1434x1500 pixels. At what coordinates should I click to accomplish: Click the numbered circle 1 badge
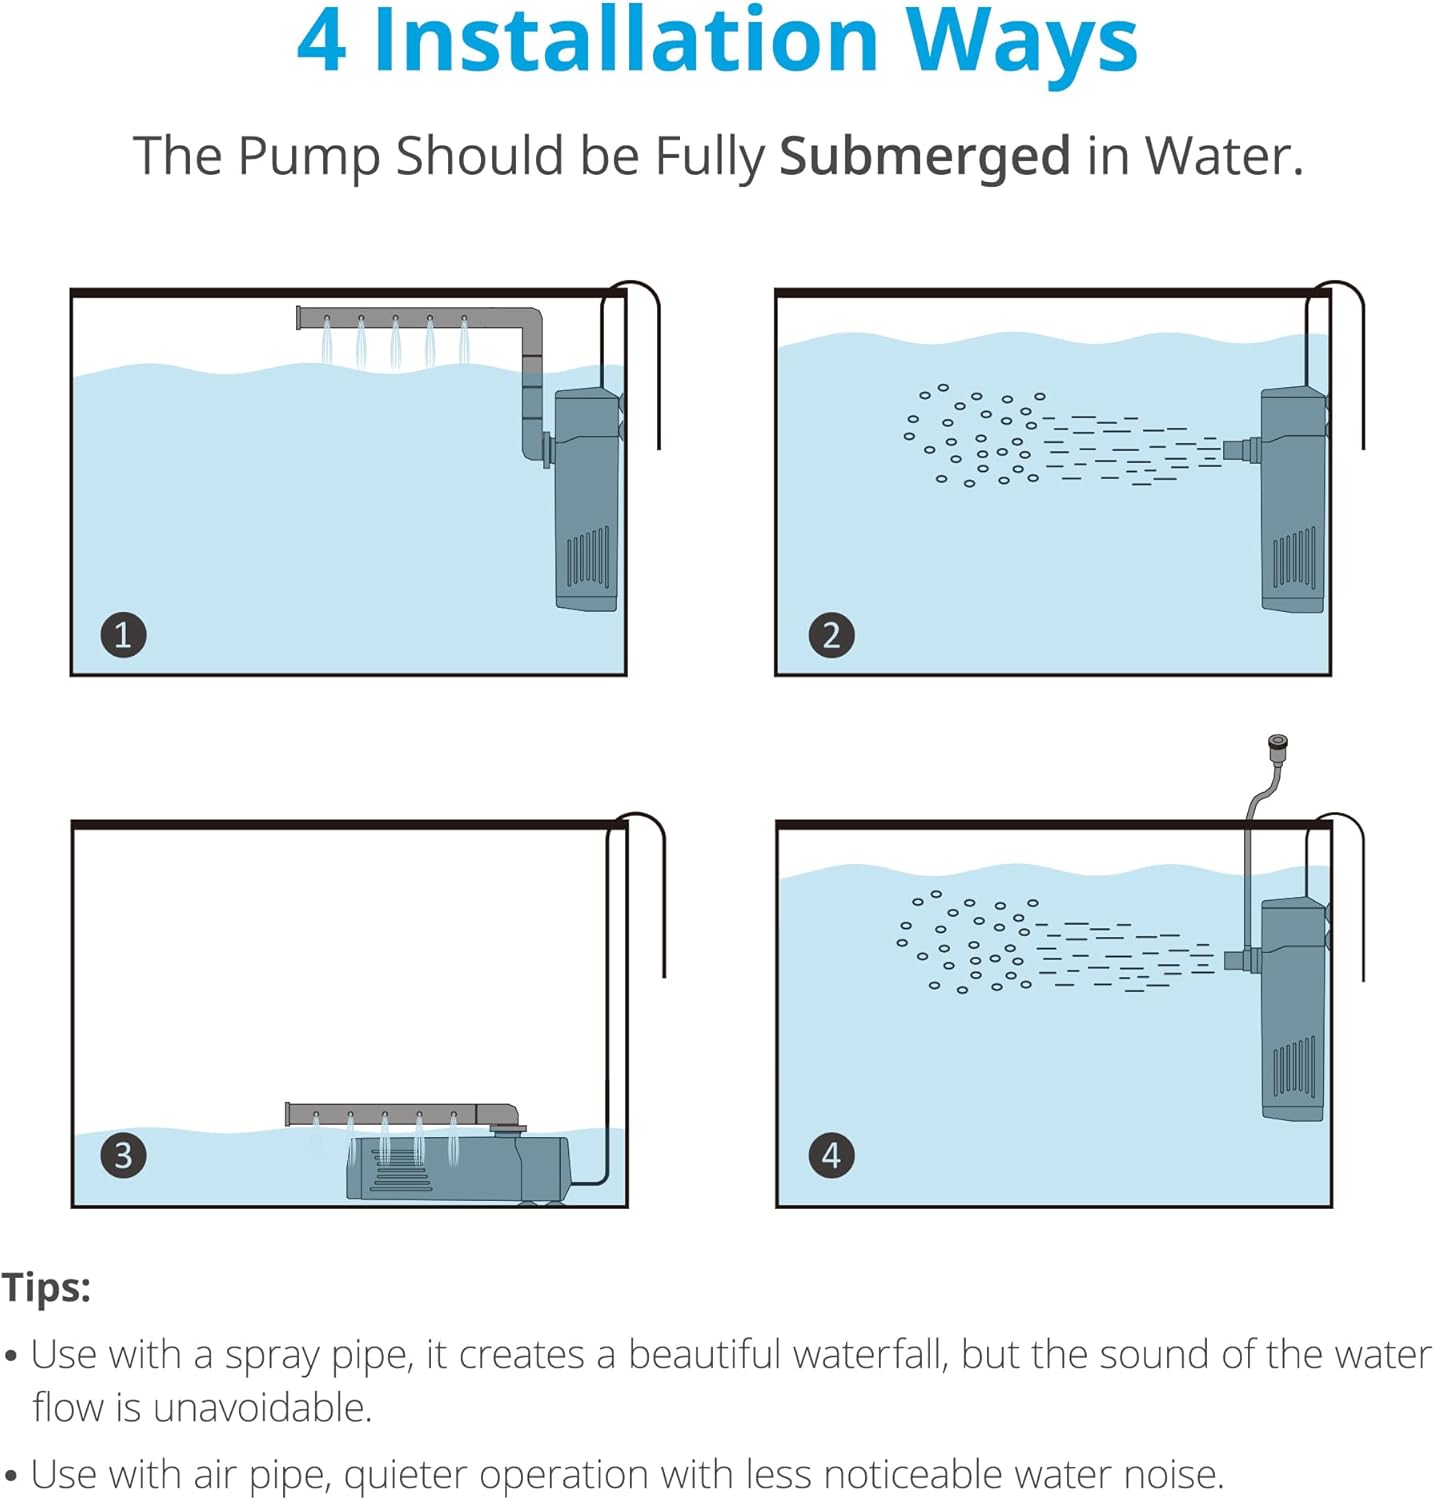(x=123, y=635)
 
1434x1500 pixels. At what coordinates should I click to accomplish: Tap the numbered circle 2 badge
(x=831, y=635)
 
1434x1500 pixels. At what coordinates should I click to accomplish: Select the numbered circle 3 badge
(x=123, y=1155)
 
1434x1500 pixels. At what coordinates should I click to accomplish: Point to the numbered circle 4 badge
(x=831, y=1155)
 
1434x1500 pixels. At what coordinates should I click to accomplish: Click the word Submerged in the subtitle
(x=925, y=157)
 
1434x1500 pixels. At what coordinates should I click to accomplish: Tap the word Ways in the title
(x=1021, y=42)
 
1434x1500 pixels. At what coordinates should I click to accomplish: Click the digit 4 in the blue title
(x=322, y=42)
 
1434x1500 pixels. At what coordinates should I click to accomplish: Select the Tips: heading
(x=46, y=1287)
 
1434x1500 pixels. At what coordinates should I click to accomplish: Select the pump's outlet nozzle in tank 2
(x=1240, y=450)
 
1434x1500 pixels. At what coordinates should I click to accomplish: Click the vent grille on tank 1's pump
(x=588, y=557)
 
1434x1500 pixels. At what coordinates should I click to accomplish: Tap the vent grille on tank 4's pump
(x=1294, y=1067)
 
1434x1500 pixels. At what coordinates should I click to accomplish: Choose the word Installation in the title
(x=626, y=42)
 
